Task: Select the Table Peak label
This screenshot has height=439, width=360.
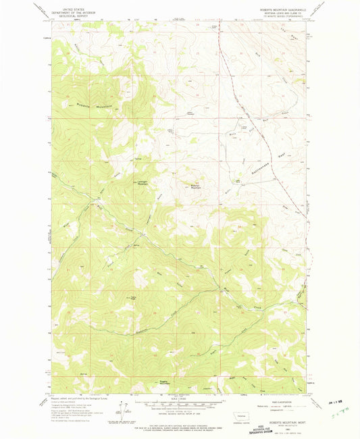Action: tap(132, 297)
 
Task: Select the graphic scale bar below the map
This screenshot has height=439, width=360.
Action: tap(179, 404)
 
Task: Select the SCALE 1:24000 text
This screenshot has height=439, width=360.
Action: tap(180, 398)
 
